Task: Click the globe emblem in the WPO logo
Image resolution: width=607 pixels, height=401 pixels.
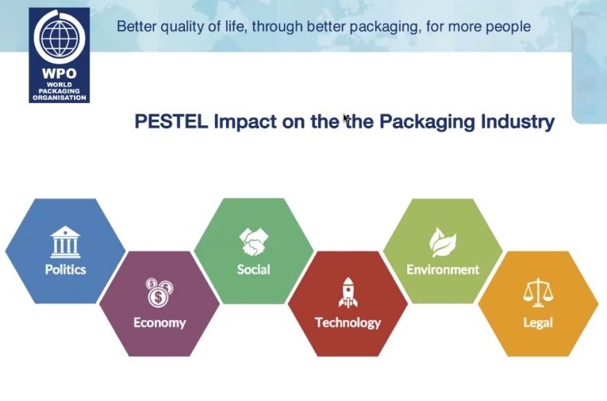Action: tap(60, 37)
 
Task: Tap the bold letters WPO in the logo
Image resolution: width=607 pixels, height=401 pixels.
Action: tap(60, 73)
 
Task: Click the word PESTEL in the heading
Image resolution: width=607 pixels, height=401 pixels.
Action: tap(171, 121)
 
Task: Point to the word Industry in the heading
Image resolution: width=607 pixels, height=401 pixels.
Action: tap(517, 122)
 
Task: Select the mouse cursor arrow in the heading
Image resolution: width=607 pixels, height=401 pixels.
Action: tap(346, 119)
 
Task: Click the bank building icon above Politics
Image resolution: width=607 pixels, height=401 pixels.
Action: tap(65, 242)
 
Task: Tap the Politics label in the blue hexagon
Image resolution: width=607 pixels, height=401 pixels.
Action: tap(65, 269)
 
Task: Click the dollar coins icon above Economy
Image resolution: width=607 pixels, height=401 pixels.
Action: tap(159, 292)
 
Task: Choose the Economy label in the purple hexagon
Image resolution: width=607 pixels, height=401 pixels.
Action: tap(159, 323)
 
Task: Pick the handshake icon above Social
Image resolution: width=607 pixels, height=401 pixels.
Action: tap(254, 242)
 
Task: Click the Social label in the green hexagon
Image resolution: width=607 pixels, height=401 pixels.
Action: tap(254, 269)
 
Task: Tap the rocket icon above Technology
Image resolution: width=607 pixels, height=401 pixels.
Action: tap(348, 292)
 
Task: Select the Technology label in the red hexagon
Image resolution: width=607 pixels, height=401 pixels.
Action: tap(348, 323)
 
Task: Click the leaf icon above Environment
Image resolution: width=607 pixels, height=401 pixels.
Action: tap(443, 243)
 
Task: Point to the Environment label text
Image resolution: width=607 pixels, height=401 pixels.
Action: tap(443, 269)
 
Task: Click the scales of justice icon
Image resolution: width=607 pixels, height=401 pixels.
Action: tap(538, 292)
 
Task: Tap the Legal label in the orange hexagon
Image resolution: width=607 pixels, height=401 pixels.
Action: tap(538, 323)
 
